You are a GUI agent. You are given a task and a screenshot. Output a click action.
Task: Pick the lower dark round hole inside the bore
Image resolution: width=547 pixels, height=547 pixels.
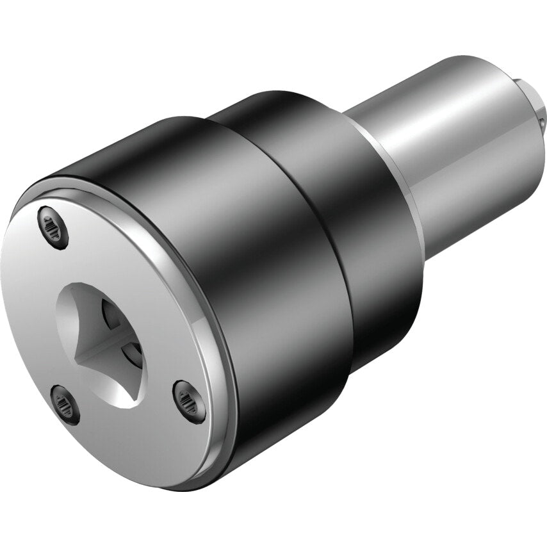133,350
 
